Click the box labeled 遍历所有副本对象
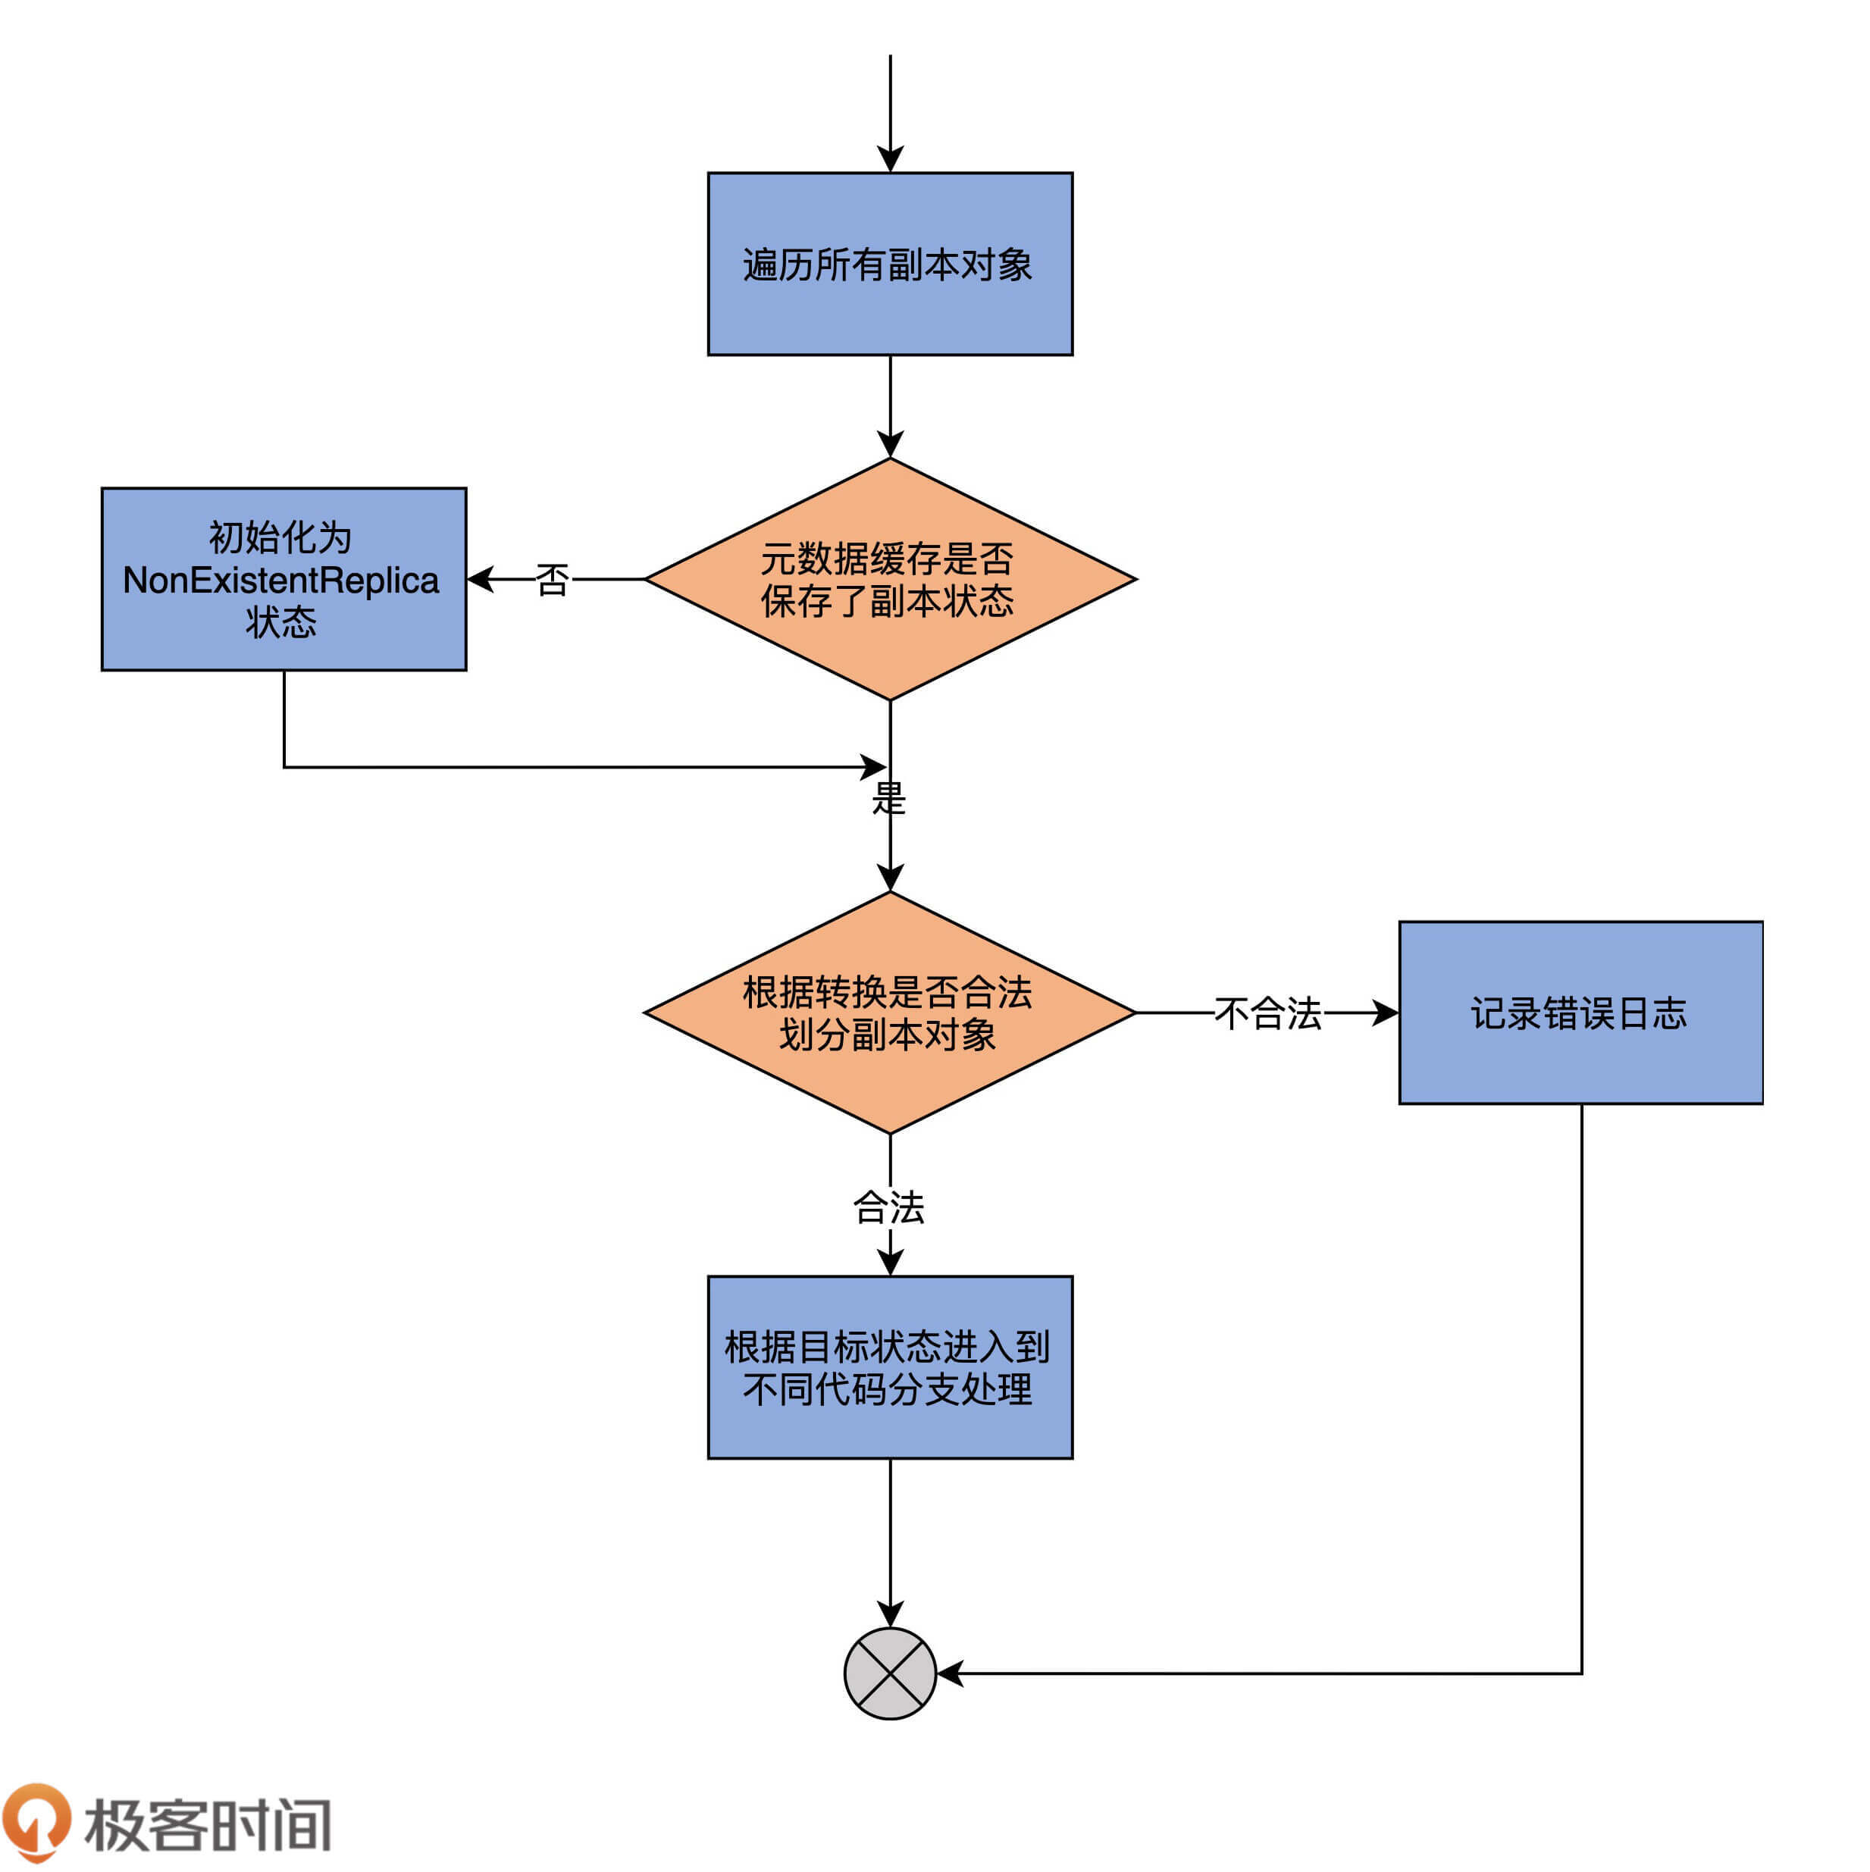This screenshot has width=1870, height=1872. [889, 264]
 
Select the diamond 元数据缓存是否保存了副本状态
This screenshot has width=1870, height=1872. [889, 580]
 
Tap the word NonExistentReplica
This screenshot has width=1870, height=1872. [281, 581]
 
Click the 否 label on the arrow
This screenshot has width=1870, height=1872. [553, 581]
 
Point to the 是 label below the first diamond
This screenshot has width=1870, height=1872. [888, 798]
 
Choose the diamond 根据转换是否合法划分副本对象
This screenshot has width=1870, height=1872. [889, 1013]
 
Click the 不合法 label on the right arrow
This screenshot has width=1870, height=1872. [1267, 1013]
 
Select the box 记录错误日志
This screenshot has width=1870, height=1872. [1580, 1013]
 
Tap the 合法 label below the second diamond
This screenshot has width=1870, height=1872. [888, 1207]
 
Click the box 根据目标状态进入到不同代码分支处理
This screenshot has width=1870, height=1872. [889, 1367]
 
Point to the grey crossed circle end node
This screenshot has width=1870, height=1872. [889, 1673]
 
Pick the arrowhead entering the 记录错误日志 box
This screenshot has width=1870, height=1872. [1386, 1013]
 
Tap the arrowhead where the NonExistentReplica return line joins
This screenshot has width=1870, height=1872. [874, 768]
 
